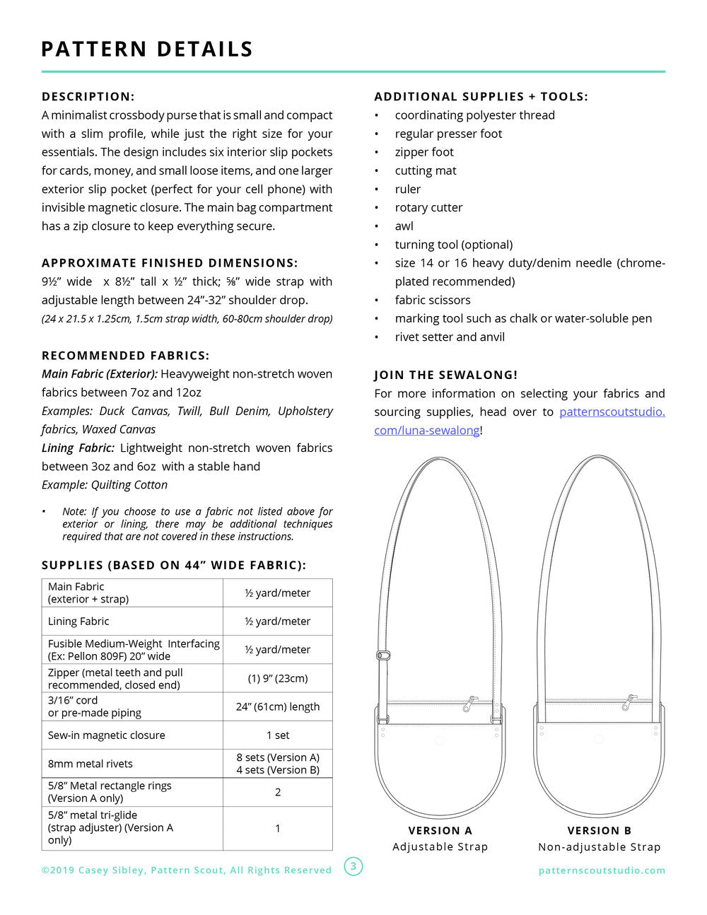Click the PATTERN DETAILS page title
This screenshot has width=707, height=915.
[x=147, y=49]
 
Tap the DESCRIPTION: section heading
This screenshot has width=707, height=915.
[x=88, y=97]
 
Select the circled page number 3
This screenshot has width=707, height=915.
[x=353, y=866]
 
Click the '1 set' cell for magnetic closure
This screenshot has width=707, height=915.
[x=277, y=735]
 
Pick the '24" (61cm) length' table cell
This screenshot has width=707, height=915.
[x=277, y=706]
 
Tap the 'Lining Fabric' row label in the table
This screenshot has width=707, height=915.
[x=78, y=622]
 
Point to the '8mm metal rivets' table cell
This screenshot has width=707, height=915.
[x=90, y=764]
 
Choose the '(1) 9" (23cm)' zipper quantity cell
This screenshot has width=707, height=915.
[x=277, y=678]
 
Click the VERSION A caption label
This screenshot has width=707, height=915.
[x=440, y=831]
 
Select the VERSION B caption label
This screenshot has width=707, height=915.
[x=599, y=831]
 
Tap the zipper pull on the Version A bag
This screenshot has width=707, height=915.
[x=469, y=704]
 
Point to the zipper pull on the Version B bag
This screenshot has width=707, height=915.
[x=629, y=703]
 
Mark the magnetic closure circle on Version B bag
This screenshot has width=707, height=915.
[x=598, y=740]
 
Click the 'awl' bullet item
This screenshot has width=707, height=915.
[x=404, y=226]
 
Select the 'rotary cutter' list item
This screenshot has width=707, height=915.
[x=428, y=208]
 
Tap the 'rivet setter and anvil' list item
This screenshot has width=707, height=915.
[x=450, y=337]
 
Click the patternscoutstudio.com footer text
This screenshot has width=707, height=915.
[x=602, y=870]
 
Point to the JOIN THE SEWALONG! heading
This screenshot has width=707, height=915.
[x=445, y=375]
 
